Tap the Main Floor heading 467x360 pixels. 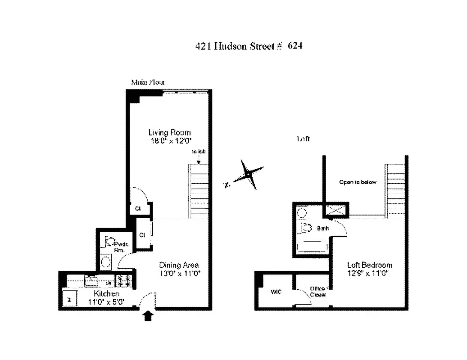[x=147, y=82]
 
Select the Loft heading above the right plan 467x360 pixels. [x=303, y=139]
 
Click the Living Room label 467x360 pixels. [x=169, y=132]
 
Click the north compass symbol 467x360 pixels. [x=247, y=174]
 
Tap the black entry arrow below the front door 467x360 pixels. [x=148, y=316]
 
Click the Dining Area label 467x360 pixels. [x=179, y=265]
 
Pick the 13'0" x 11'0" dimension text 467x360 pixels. [x=179, y=273]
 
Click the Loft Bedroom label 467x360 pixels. [x=369, y=265]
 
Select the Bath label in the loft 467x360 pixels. [x=323, y=228]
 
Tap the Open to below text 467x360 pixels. [x=357, y=182]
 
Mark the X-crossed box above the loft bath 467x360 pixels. [x=336, y=209]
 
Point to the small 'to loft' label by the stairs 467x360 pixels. [x=199, y=152]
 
